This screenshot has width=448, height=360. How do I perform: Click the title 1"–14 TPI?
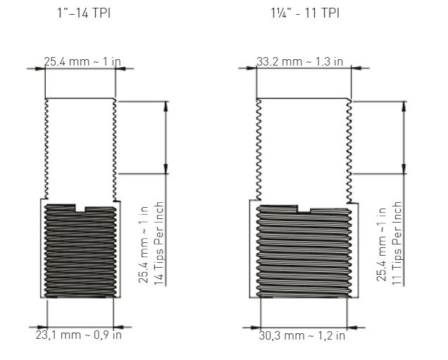pyautogui.click(x=84, y=13)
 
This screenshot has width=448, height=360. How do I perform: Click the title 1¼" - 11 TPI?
pyautogui.click(x=305, y=13)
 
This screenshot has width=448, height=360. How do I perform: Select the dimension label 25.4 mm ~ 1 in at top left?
pyautogui.click(x=82, y=61)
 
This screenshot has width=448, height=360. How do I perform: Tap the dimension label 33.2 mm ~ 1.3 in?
pyautogui.click(x=299, y=61)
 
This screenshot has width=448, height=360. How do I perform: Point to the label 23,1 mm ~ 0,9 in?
pyautogui.click(x=79, y=335)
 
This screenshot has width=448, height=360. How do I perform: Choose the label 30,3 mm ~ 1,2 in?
pyautogui.click(x=302, y=335)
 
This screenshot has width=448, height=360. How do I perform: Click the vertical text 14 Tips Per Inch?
pyautogui.click(x=159, y=244)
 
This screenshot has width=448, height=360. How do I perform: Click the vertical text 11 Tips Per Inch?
pyautogui.click(x=397, y=244)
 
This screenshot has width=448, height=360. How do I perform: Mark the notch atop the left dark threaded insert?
pyautogui.click(x=80, y=209)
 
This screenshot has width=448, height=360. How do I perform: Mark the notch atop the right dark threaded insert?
pyautogui.click(x=304, y=209)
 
